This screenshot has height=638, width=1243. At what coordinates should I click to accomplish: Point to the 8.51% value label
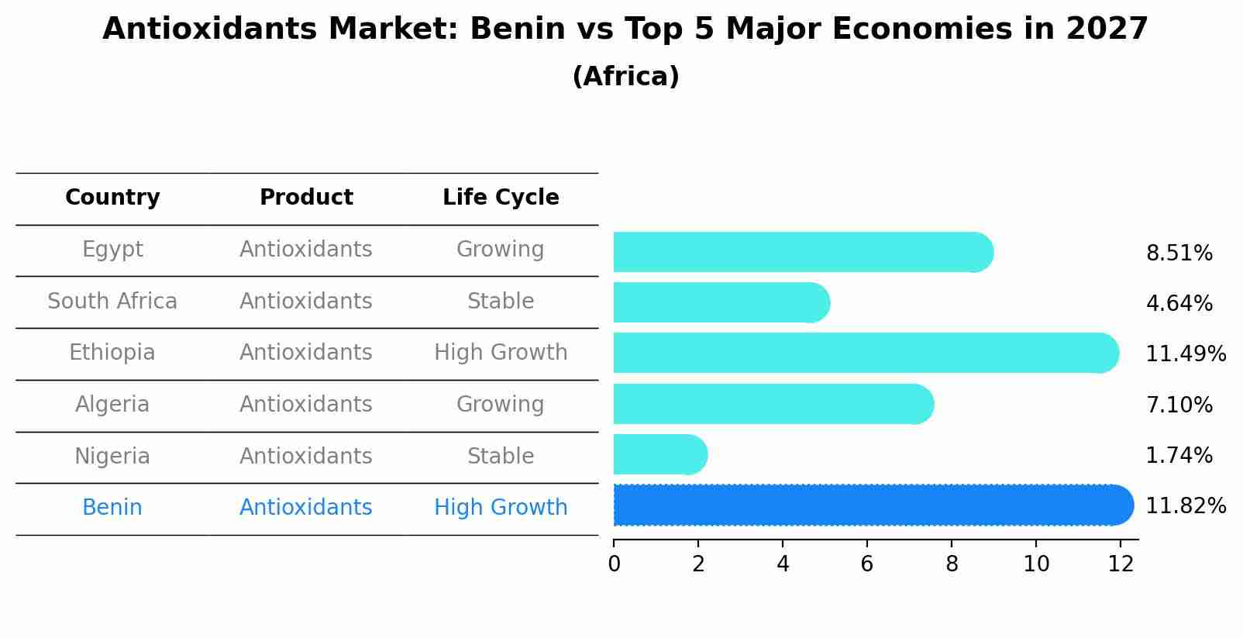[1179, 253]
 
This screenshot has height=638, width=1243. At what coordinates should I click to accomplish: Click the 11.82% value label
[1185, 506]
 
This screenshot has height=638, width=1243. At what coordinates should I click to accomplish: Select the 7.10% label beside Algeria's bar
[1179, 405]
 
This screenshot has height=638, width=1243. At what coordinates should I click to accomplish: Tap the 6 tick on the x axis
[867, 564]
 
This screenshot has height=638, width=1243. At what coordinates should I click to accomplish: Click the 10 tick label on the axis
[1036, 564]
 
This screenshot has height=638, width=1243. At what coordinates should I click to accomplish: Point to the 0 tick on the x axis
[615, 564]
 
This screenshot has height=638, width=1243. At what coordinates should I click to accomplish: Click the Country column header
[112, 198]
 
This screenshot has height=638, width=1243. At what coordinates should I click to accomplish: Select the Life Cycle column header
[501, 198]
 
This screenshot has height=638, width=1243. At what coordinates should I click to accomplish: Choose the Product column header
[306, 198]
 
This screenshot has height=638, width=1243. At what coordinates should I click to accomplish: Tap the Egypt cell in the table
[112, 250]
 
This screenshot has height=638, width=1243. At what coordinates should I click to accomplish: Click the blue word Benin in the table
[112, 508]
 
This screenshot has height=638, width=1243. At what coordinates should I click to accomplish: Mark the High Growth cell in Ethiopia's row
[501, 353]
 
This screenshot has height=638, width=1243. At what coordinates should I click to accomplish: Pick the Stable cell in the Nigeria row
[501, 456]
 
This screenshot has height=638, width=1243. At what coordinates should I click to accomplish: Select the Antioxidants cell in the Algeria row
[306, 405]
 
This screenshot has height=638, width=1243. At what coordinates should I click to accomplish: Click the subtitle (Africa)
[625, 77]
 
